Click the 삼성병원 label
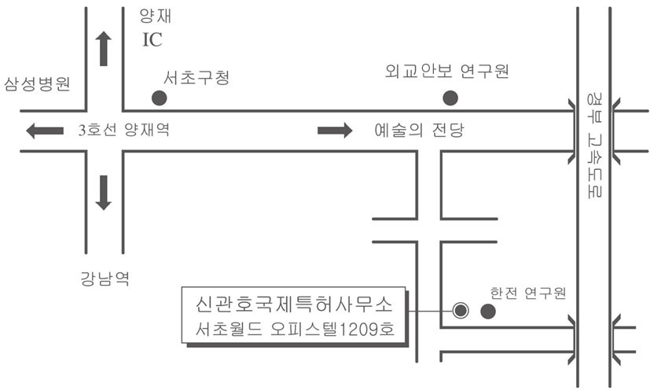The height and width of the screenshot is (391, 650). point(37,84)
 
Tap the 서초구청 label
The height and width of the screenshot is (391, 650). point(196,78)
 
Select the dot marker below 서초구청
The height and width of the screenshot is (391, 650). point(160,98)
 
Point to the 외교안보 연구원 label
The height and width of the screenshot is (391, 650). point(447,71)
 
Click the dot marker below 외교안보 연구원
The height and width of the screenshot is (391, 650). point(450,98)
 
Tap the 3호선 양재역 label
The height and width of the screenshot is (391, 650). point(124,130)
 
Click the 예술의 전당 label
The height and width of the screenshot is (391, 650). point(419,130)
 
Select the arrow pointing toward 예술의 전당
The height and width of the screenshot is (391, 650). point(335,131)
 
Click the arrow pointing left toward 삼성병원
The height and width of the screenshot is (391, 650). point(45,131)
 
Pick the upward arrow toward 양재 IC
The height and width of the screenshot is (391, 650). point(103,49)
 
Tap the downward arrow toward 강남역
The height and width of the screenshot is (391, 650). point(103,193)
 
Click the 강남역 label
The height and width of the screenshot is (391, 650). point(105,278)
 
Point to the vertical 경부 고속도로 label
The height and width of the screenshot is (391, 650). point(594,146)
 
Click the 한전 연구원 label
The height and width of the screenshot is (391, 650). point(528,293)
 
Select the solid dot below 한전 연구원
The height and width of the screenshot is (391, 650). point(488,311)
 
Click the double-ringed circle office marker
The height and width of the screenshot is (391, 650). point(460,311)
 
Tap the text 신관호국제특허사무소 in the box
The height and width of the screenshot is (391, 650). point(294,304)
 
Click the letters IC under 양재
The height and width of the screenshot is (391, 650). point(152,40)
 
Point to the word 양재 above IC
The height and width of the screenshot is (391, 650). point(155,17)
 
